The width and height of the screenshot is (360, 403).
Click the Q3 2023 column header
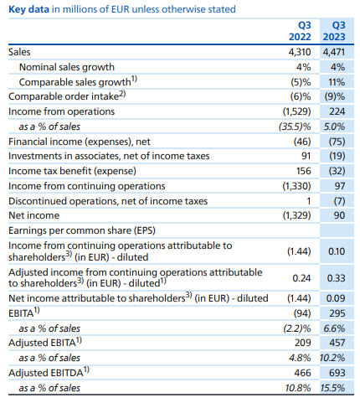(x=334, y=31)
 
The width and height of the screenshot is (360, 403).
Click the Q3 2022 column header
(x=300, y=31)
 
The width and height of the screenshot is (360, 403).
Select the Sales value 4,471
(x=334, y=52)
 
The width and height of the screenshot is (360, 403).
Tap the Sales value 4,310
(x=300, y=52)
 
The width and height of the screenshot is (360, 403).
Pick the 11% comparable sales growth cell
(x=337, y=82)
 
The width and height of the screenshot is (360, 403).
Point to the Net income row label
(x=33, y=215)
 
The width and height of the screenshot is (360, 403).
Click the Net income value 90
(x=339, y=215)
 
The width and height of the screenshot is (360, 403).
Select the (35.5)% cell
(x=295, y=127)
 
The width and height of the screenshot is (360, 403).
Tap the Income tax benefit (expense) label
(x=72, y=171)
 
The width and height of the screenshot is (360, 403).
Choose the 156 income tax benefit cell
(x=303, y=171)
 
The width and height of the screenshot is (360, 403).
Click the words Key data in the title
(x=28, y=9)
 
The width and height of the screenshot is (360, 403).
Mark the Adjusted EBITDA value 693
(x=337, y=373)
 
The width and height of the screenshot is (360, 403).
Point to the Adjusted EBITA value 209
(x=303, y=343)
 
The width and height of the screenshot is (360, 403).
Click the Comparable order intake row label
(x=67, y=96)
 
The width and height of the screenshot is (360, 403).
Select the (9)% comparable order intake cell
(x=335, y=96)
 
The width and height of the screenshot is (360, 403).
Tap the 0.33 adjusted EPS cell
(x=336, y=278)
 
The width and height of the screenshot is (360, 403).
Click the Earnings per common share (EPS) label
(x=82, y=230)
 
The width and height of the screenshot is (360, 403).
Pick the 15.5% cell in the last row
(x=332, y=388)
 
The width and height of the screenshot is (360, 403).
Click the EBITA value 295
(x=337, y=313)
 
